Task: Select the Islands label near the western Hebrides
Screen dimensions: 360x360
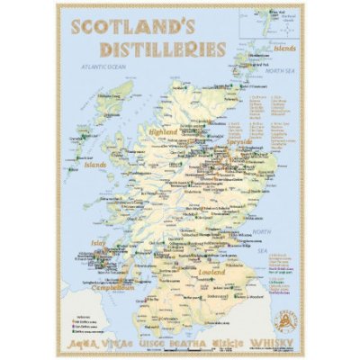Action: point(95,165)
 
